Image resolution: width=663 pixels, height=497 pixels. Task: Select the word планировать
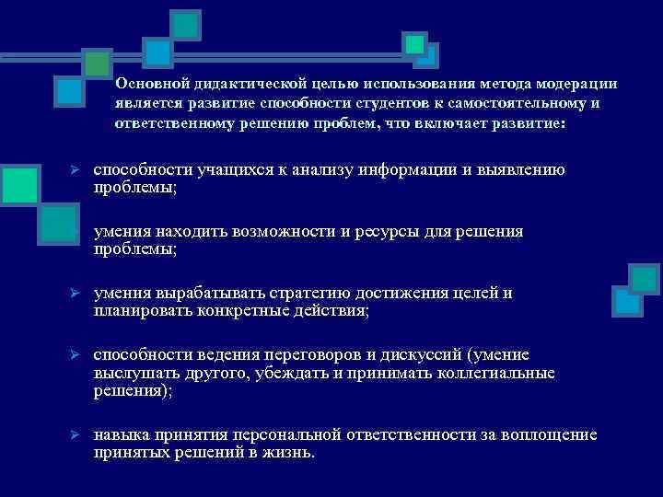point(139,311)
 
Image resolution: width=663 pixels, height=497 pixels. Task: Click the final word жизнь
point(290,453)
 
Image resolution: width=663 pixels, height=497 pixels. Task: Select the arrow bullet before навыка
point(78,434)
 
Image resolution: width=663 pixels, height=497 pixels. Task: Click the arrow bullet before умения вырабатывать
point(78,294)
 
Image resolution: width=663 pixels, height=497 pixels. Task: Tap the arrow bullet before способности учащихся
point(78,170)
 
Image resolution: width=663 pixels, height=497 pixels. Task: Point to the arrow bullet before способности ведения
point(78,355)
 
